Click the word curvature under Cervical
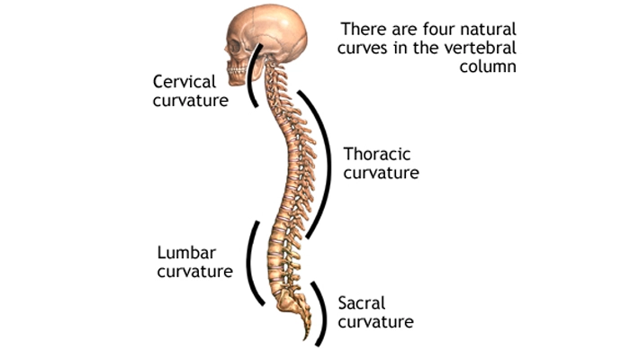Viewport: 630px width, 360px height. pyautogui.click(x=192, y=101)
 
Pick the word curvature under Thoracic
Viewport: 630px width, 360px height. pyautogui.click(x=381, y=172)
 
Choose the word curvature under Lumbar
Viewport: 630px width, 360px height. pyautogui.click(x=194, y=270)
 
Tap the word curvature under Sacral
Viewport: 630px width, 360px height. pyautogui.click(x=375, y=321)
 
